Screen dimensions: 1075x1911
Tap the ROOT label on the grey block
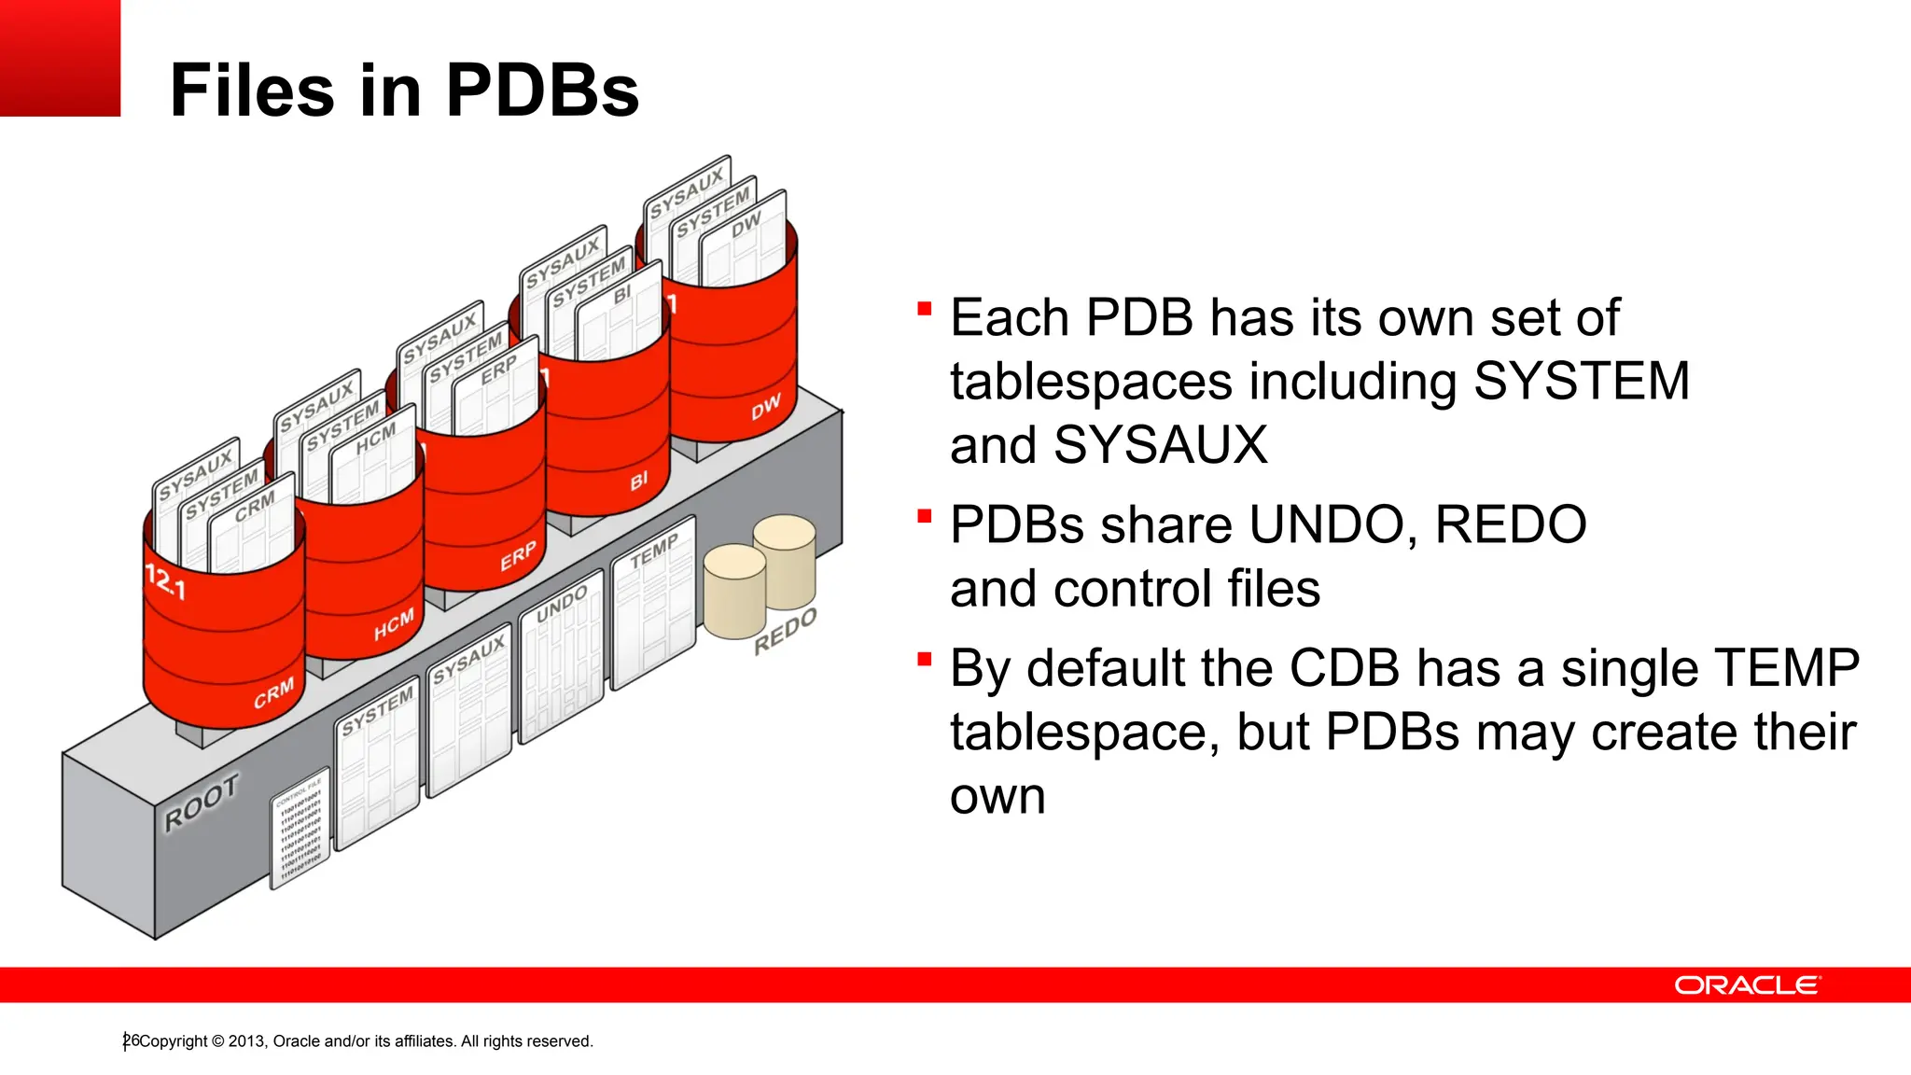pos(202,803)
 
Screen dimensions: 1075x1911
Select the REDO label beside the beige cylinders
pos(785,631)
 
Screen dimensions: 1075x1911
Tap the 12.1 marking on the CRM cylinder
pos(166,582)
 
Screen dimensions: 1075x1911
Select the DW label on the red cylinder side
pos(765,408)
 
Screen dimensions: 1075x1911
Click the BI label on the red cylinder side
pos(638,482)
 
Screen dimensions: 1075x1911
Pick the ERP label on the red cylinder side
pos(518,556)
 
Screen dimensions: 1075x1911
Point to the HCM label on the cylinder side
pos(393,626)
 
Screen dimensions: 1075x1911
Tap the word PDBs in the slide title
pos(542,91)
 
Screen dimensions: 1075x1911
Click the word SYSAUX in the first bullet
pos(1160,445)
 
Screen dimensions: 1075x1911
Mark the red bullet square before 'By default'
pos(925,660)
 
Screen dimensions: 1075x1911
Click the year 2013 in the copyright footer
pos(246,1041)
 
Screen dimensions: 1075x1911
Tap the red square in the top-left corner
pos(60,58)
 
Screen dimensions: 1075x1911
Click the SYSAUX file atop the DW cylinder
pos(686,191)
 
